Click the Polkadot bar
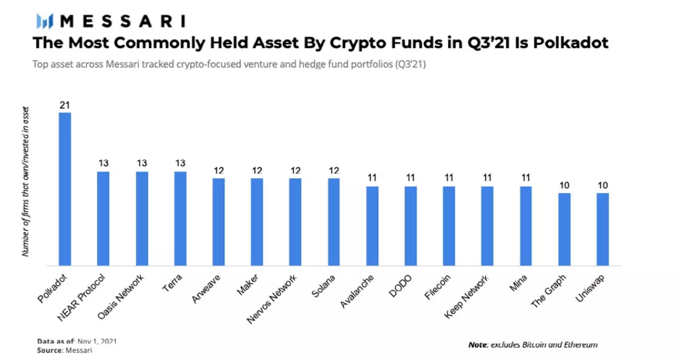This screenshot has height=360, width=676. coord(65,189)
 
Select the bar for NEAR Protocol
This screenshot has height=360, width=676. coord(103,218)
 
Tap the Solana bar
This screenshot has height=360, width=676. coord(334,222)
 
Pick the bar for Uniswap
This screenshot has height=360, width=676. coord(603,229)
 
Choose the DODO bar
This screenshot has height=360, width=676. coord(411,226)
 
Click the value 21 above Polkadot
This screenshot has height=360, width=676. coord(64,105)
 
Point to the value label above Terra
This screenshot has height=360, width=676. coord(180,163)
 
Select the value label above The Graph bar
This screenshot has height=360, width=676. coord(564,185)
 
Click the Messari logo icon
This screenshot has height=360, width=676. coord(44,21)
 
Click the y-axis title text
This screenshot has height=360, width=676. coord(26,181)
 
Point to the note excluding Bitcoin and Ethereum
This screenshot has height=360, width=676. coord(532,345)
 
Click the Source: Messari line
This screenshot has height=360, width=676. coord(64,350)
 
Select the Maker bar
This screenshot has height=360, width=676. coord(257,222)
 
